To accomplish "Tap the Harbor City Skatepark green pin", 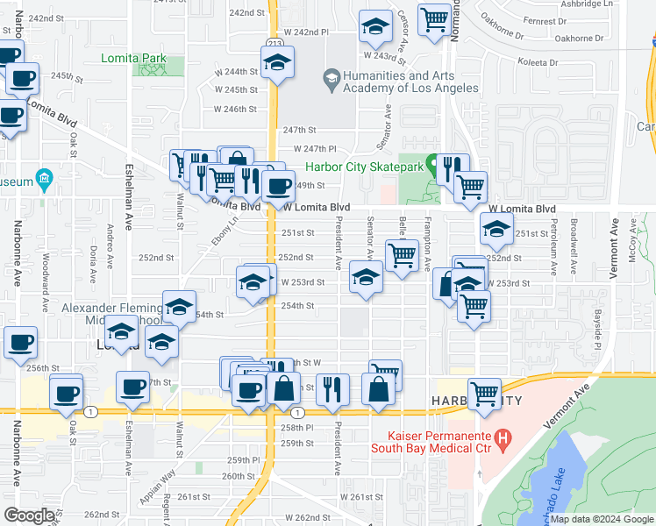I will (431, 165).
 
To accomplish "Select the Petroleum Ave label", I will (554, 243).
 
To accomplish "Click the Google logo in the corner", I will (29, 515).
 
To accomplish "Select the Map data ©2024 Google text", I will (601, 520).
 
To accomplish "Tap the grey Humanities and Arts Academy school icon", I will (332, 82).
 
